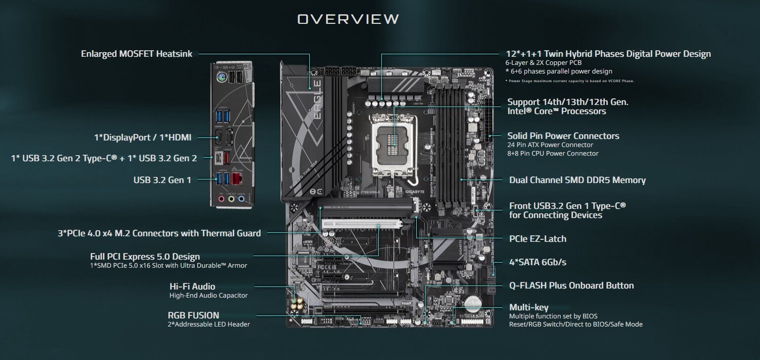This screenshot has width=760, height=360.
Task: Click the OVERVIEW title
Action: pyautogui.click(x=348, y=19)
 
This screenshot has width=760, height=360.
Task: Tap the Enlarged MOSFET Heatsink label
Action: pyautogui.click(x=136, y=53)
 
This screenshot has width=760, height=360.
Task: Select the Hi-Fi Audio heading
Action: pyautogui.click(x=192, y=286)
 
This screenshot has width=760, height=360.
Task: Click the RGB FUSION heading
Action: pyautogui.click(x=193, y=315)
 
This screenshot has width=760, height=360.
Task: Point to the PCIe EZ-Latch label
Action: pyautogui.click(x=537, y=238)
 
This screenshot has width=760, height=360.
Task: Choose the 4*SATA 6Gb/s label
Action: pyautogui.click(x=537, y=262)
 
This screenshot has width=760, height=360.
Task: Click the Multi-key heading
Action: pyautogui.click(x=529, y=307)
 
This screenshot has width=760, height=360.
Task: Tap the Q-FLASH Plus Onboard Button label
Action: pyautogui.click(x=571, y=285)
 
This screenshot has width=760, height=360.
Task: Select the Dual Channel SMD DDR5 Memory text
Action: pyautogui.click(x=577, y=180)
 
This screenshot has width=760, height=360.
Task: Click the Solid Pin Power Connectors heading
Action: pyautogui.click(x=563, y=136)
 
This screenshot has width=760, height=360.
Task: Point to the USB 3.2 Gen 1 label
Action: pyautogui.click(x=162, y=179)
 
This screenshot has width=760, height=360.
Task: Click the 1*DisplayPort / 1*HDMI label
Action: pyautogui.click(x=143, y=137)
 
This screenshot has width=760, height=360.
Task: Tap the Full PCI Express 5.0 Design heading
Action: pyautogui.click(x=145, y=257)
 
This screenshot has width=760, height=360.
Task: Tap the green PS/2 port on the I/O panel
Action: pyautogui.click(x=221, y=78)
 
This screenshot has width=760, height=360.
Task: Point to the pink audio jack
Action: pyautogui.click(x=222, y=199)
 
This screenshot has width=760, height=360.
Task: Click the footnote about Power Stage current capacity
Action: pyautogui.click(x=569, y=81)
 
